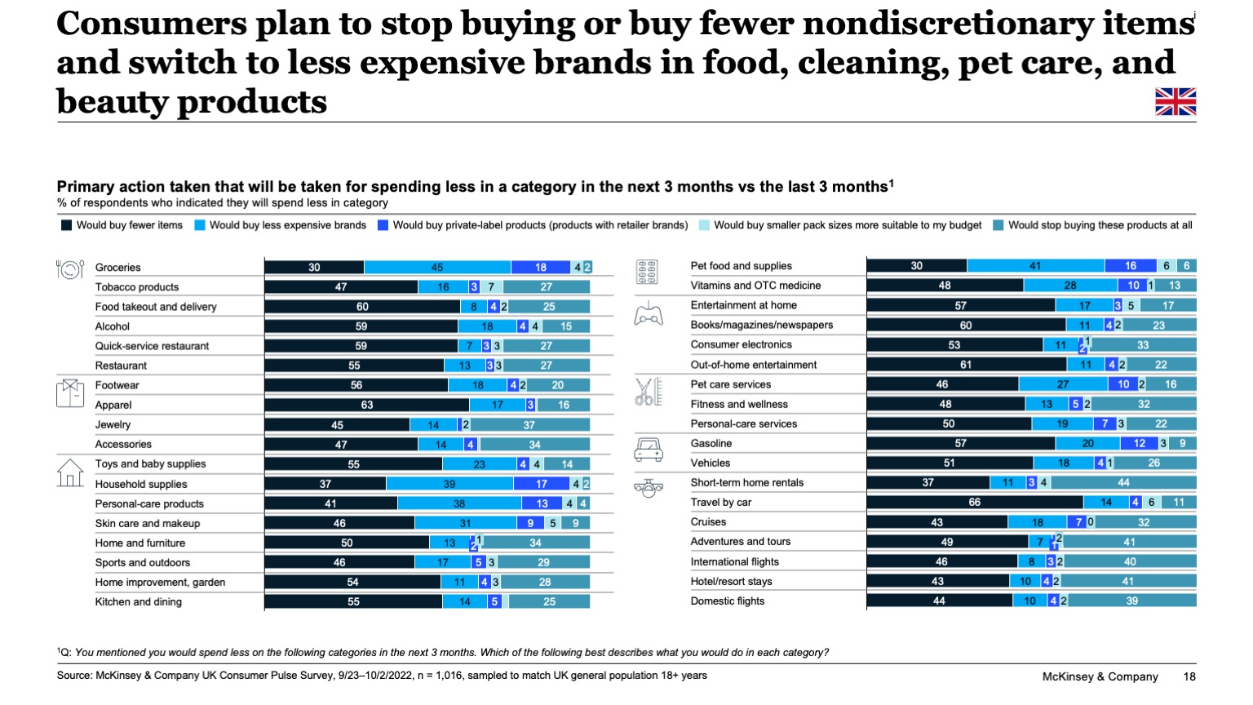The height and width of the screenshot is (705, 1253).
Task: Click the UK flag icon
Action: coord(1176,101)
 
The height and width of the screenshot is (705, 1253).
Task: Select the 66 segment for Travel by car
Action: coord(974,503)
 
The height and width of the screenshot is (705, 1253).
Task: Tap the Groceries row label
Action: coord(117,268)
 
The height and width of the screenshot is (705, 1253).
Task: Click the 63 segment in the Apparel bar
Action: coord(366,405)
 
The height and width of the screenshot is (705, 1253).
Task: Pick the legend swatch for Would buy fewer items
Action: coord(67,225)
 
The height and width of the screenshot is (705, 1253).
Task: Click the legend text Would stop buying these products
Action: coord(1099,225)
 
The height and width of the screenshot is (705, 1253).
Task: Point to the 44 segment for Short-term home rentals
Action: coord(1123,483)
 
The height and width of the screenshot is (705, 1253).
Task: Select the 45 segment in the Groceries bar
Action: coord(437,268)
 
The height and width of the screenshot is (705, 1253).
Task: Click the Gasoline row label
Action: coord(711,444)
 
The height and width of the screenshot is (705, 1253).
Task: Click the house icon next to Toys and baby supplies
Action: coord(70,472)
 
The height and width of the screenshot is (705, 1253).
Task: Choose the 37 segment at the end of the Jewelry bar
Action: coord(529,425)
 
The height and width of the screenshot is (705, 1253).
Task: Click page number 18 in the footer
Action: coord(1189,676)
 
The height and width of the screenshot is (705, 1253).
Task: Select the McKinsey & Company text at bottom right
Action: coord(1100,676)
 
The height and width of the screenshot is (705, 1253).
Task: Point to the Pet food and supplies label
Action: coord(741,266)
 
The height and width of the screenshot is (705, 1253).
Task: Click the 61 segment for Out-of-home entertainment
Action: coord(965,365)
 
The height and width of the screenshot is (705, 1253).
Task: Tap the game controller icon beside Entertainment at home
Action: coord(649,313)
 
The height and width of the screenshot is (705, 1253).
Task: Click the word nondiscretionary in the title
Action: coord(946,24)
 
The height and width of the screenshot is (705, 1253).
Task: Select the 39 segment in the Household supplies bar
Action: coord(449,484)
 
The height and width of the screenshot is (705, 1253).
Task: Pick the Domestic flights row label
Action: coord(727,601)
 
